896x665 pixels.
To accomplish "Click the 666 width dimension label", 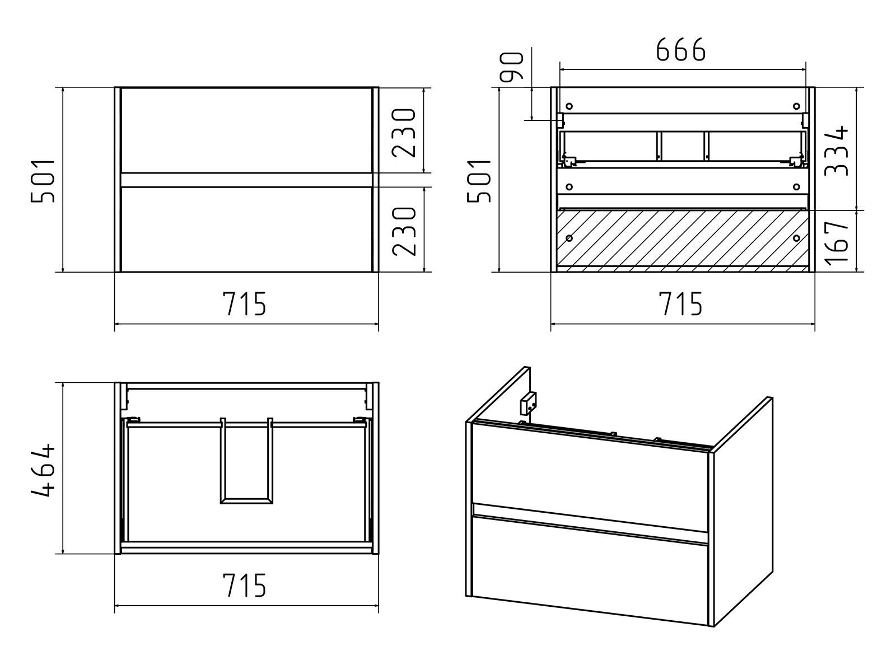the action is click(x=680, y=51).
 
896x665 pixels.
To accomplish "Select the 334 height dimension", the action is click(x=838, y=151).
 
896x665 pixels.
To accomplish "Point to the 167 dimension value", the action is click(x=838, y=242).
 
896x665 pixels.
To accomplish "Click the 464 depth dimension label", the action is click(x=43, y=470).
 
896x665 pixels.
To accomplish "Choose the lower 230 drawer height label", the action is click(x=405, y=231).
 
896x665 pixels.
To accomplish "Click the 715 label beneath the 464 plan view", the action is click(x=245, y=586).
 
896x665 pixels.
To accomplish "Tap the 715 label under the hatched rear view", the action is click(x=680, y=305).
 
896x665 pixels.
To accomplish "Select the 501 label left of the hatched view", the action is click(x=480, y=180).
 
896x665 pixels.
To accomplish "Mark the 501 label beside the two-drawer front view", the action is click(x=43, y=180).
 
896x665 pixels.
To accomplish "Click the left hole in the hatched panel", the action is click(x=570, y=238).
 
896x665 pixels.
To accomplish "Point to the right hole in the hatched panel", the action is click(x=796, y=238).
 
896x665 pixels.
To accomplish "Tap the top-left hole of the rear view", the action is click(x=570, y=106).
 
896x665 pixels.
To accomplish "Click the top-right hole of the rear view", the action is click(x=796, y=106).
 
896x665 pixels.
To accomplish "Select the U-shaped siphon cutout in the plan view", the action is click(x=246, y=465).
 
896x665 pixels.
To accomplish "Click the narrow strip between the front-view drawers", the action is click(x=246, y=179).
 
